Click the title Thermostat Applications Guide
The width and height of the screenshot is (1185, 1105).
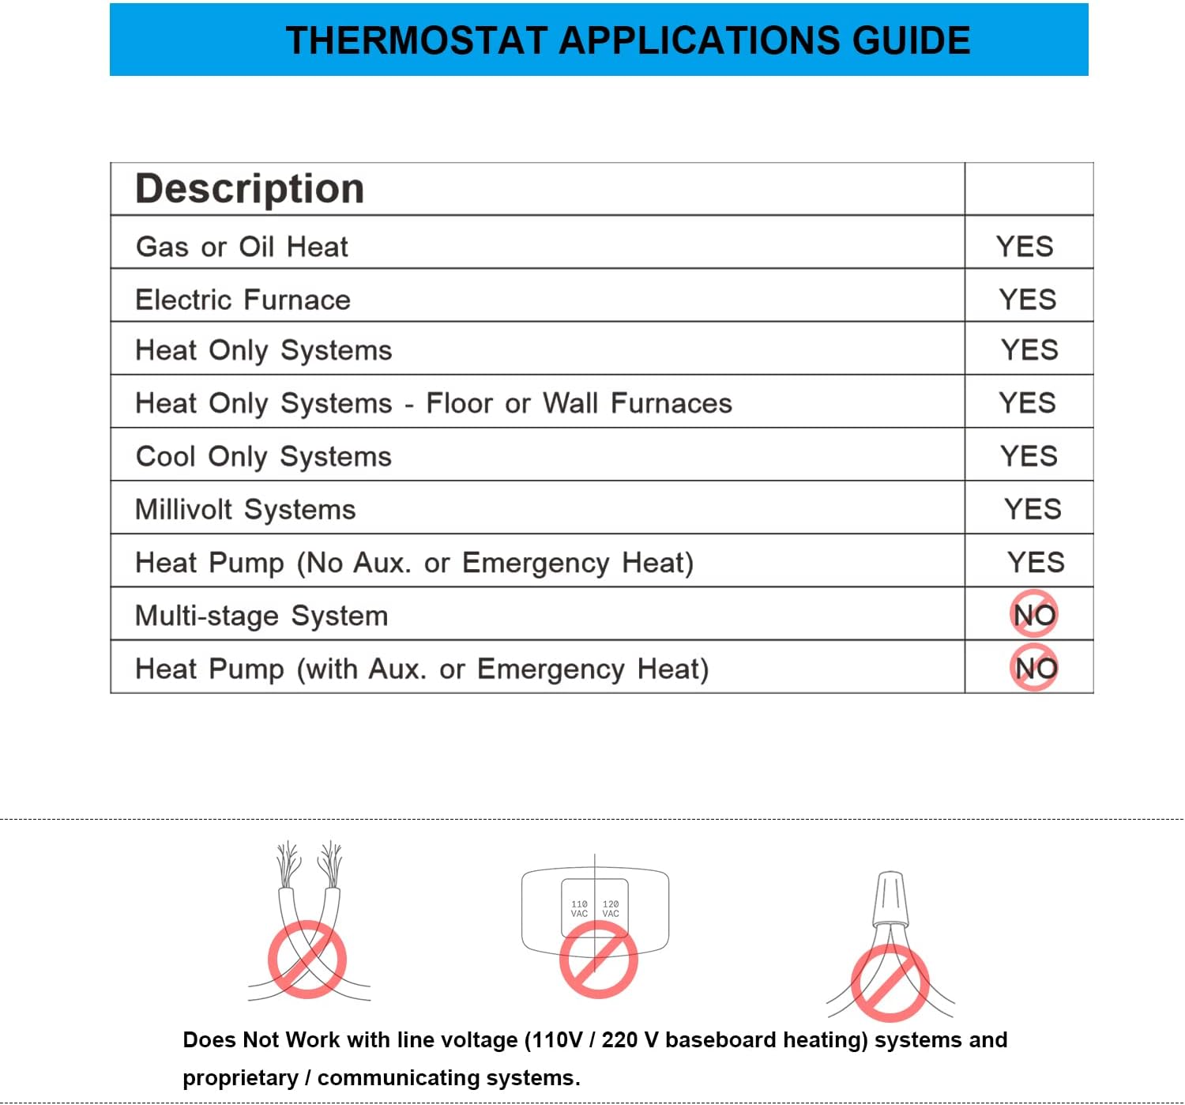(x=627, y=40)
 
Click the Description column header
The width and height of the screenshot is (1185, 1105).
(x=250, y=189)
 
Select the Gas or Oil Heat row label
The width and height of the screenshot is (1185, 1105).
(x=242, y=247)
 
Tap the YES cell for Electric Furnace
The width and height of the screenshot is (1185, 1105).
(x=1027, y=300)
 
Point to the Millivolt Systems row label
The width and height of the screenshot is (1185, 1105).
(x=246, y=510)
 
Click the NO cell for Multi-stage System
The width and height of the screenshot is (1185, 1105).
(x=1034, y=614)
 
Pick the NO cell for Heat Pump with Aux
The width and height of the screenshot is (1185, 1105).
(x=1035, y=669)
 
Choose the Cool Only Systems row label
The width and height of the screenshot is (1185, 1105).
(x=264, y=457)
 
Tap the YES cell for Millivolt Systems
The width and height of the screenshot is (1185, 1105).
(x=1033, y=509)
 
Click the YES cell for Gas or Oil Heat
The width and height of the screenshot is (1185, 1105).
(x=1025, y=247)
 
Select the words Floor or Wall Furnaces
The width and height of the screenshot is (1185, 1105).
(x=579, y=404)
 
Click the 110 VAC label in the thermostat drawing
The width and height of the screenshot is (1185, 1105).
(x=579, y=909)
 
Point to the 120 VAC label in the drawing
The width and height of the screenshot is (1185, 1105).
(x=611, y=909)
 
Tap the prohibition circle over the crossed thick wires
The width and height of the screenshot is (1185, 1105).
(x=307, y=959)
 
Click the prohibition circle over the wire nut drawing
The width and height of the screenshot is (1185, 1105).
(x=890, y=983)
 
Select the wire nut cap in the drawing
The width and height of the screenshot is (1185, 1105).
(x=890, y=898)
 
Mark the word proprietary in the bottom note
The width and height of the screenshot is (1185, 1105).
(x=240, y=1078)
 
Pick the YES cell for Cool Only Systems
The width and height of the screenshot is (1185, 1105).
(x=1029, y=456)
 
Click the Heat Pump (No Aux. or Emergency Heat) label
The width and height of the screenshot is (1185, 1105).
(x=414, y=563)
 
